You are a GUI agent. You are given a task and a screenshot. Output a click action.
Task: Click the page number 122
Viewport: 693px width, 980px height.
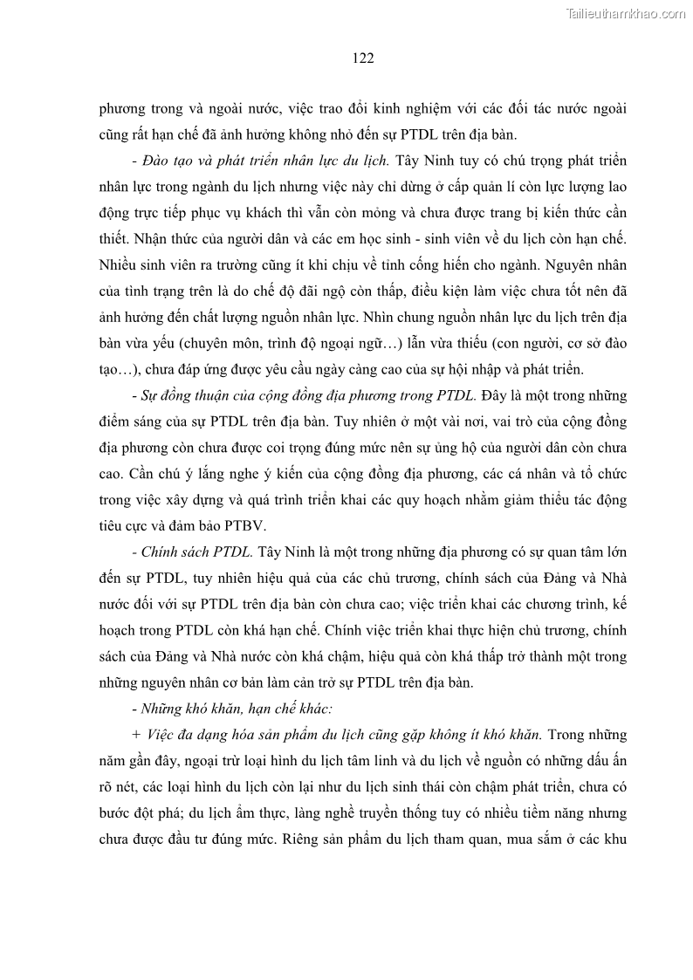point(363,58)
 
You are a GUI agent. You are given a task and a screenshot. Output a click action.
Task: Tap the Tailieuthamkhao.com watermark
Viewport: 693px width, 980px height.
point(626,13)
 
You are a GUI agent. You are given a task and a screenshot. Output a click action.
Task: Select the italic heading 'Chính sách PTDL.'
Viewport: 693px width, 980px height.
point(197,552)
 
